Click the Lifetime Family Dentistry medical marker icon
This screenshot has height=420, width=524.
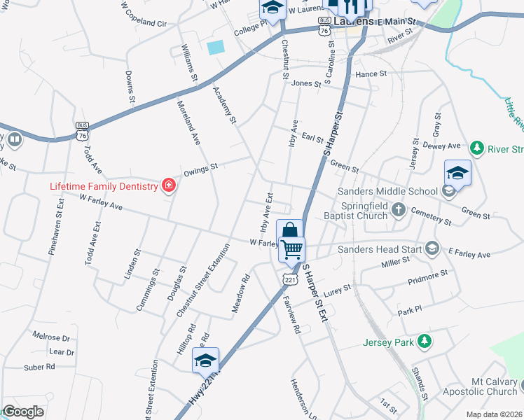[169, 185]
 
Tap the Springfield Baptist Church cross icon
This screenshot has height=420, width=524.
[399, 209]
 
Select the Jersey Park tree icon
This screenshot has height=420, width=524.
[424, 341]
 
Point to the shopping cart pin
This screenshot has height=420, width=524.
[291, 248]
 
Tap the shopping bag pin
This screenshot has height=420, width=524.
[289, 231]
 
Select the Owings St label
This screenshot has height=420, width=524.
[201, 169]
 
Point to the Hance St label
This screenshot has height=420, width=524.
[371, 73]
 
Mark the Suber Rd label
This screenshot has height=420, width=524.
[39, 366]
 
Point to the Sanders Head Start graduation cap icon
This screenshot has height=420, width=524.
[433, 248]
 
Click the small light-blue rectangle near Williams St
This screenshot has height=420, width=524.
[216, 48]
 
